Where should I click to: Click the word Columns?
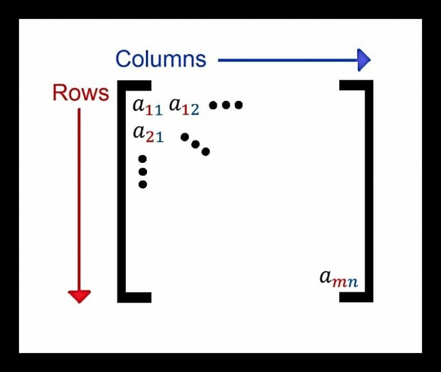[160, 59]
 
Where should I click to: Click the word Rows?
[80, 93]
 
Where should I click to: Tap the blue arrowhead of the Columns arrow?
[363, 59]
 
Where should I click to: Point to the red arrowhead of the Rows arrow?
[79, 296]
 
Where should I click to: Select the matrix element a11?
[148, 106]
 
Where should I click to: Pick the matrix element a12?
[184, 106]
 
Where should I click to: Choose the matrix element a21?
[148, 134]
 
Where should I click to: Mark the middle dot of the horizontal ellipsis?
[226, 105]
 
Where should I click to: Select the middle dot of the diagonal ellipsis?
[195, 144]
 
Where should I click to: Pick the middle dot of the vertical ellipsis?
[143, 171]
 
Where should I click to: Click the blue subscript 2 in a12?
[195, 110]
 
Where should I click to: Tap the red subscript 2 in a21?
[150, 138]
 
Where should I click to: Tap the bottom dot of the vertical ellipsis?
[143, 184]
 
